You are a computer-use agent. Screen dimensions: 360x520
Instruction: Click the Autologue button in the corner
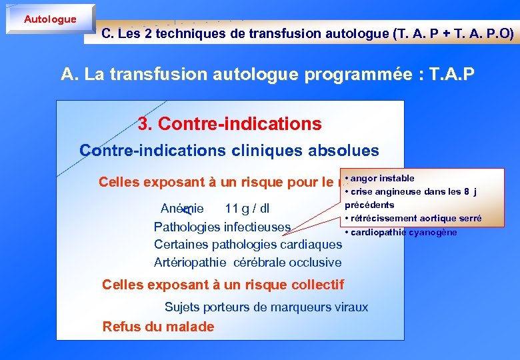click(x=50, y=19)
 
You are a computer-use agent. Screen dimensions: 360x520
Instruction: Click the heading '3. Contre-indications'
click(x=229, y=124)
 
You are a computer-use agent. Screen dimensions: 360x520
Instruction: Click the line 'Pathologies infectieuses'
click(x=223, y=227)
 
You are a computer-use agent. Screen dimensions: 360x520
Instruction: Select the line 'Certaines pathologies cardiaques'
click(x=247, y=245)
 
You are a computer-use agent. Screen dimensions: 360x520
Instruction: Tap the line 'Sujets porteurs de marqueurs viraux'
click(x=266, y=307)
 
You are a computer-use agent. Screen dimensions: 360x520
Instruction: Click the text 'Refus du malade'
click(x=158, y=327)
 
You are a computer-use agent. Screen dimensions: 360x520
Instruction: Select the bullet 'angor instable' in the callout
click(x=383, y=178)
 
